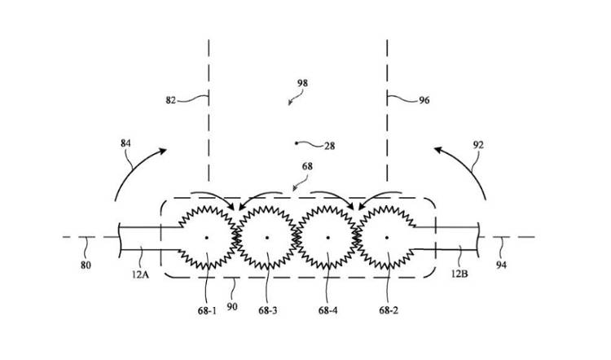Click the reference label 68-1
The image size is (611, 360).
pyautogui.click(x=207, y=311)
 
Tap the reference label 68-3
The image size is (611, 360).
pyautogui.click(x=268, y=311)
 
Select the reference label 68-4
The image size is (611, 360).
pyautogui.click(x=327, y=310)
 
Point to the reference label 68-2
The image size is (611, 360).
pyautogui.click(x=389, y=310)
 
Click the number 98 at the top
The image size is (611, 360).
pyautogui.click(x=302, y=83)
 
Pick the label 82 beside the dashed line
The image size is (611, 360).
pyautogui.click(x=171, y=100)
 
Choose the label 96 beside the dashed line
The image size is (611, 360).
pyautogui.click(x=424, y=100)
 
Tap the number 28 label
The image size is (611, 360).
pyautogui.click(x=330, y=146)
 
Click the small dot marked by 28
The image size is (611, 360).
pyautogui.click(x=297, y=143)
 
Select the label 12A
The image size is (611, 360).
pyautogui.click(x=140, y=274)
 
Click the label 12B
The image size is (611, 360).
pyautogui.click(x=459, y=274)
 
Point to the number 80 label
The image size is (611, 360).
pyautogui.click(x=86, y=266)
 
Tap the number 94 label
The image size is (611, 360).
pyautogui.click(x=501, y=265)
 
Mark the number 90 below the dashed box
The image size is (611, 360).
pyautogui.click(x=232, y=306)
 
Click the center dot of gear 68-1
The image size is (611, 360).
pyautogui.click(x=207, y=237)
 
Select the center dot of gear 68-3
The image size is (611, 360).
pyautogui.click(x=267, y=237)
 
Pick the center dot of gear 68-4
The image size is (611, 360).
pyautogui.click(x=328, y=237)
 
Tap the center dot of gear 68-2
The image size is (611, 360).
pyautogui.click(x=386, y=237)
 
